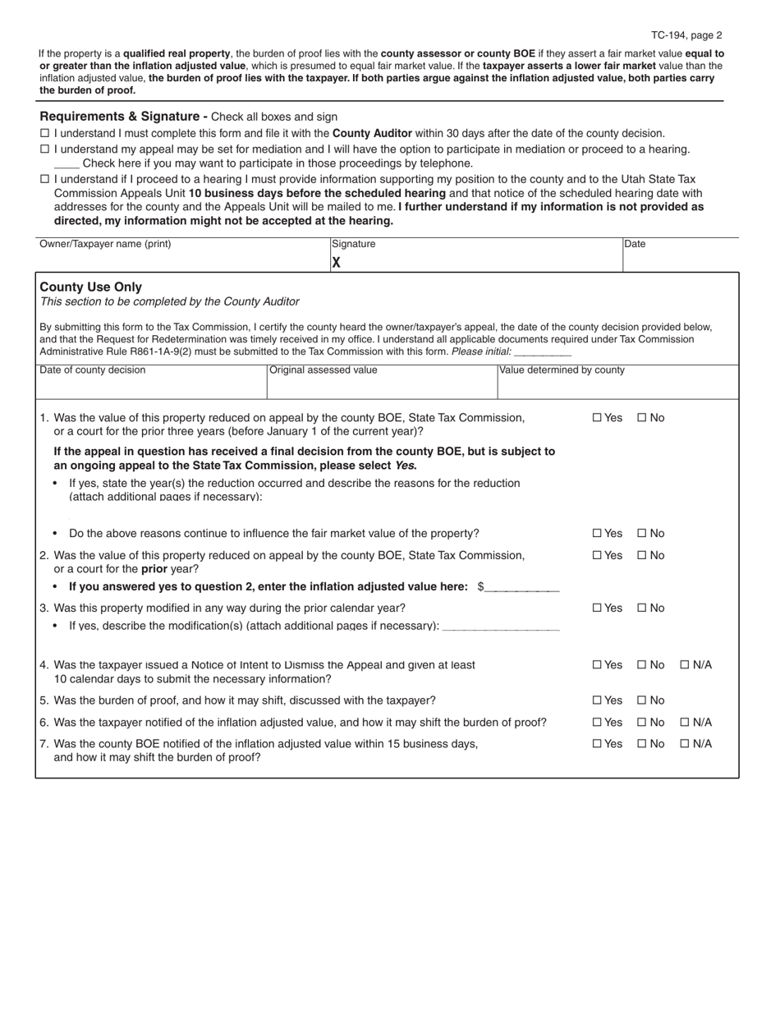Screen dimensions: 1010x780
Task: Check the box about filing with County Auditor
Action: (44, 134)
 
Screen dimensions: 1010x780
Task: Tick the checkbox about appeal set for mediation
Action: (44, 149)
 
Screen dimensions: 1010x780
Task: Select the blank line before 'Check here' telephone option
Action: (67, 164)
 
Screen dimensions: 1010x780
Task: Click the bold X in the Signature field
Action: (336, 263)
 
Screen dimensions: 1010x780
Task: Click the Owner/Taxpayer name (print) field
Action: (181, 261)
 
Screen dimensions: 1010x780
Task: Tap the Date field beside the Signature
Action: (680, 261)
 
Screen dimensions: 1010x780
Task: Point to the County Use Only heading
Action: (90, 287)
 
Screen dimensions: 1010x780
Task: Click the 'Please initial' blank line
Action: (543, 352)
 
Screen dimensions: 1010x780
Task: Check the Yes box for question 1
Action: (597, 418)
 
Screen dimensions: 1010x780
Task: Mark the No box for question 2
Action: (642, 556)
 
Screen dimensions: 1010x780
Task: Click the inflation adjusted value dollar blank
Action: (522, 588)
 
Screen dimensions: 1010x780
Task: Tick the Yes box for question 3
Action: (597, 608)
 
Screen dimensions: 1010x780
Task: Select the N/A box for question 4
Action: (685, 665)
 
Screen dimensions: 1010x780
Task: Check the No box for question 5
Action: (642, 701)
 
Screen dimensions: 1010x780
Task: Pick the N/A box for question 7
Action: (685, 745)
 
